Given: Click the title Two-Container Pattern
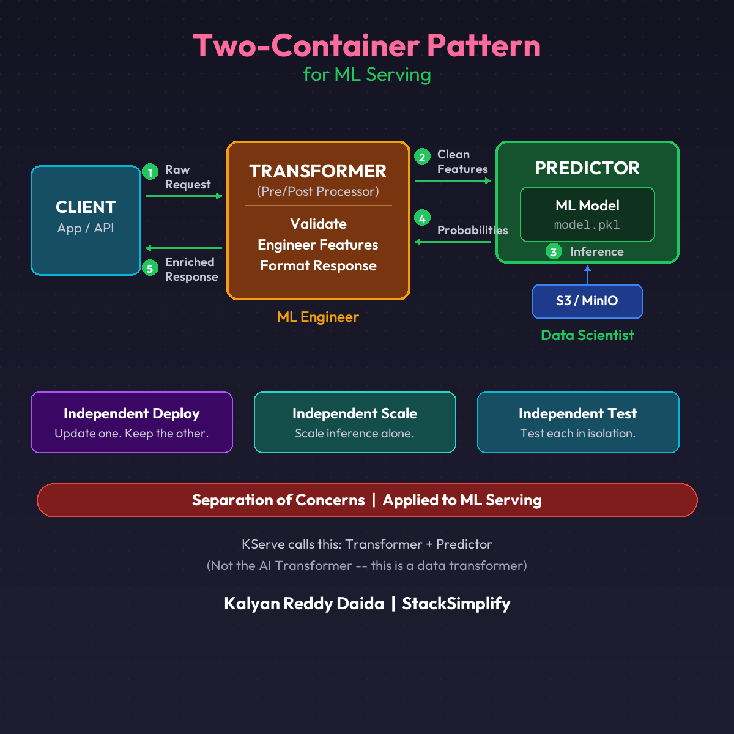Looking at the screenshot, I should pyautogui.click(x=367, y=46).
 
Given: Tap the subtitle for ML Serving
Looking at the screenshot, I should pyautogui.click(x=367, y=75).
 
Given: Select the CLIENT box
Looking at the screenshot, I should pyautogui.click(x=86, y=220).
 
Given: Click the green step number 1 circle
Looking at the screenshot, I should pyautogui.click(x=150, y=172).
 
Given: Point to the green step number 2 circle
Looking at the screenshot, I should pyautogui.click(x=422, y=157).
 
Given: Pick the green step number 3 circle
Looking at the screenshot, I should pyautogui.click(x=554, y=251).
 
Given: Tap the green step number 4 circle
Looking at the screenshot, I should pyautogui.click(x=422, y=218).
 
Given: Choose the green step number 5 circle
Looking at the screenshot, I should pyautogui.click(x=150, y=268).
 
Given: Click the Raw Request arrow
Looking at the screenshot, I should pyautogui.click(x=183, y=196).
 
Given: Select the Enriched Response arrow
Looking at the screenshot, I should pyautogui.click(x=183, y=248).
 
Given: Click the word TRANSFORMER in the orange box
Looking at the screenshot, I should pyautogui.click(x=318, y=171).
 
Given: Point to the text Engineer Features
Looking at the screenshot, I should pyautogui.click(x=318, y=245).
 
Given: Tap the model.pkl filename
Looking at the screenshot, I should pyautogui.click(x=587, y=225).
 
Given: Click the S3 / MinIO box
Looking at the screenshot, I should pyautogui.click(x=587, y=301).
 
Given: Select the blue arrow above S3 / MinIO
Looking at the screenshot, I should pyautogui.click(x=587, y=275).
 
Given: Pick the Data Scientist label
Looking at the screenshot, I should pyautogui.click(x=587, y=335).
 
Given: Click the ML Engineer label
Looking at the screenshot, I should pyautogui.click(x=318, y=317).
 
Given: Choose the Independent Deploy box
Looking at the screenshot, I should pyautogui.click(x=132, y=422).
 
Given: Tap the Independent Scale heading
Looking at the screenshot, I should pyautogui.click(x=355, y=413).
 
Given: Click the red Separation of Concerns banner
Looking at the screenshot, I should pyautogui.click(x=367, y=500).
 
